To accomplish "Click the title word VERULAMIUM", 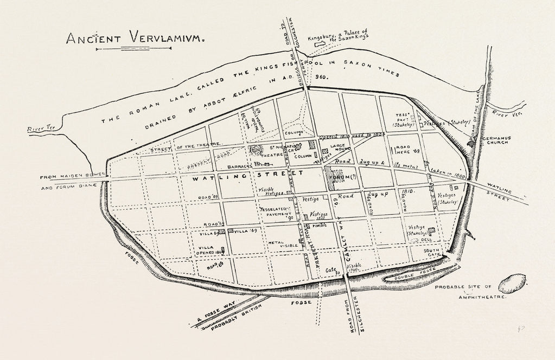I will [166, 38].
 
